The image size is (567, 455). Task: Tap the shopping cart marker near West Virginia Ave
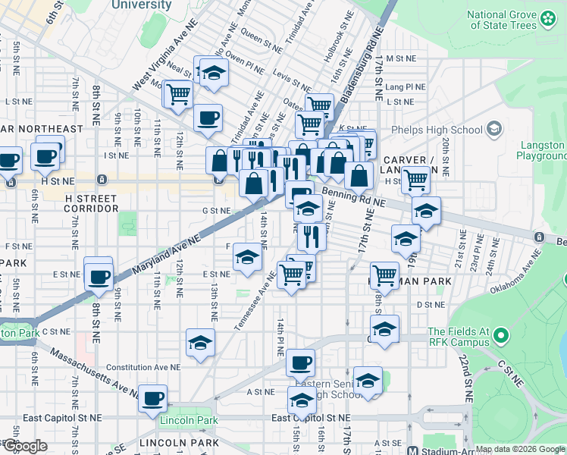pyautogui.click(x=178, y=94)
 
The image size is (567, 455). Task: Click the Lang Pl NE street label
pyautogui.click(x=402, y=87)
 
